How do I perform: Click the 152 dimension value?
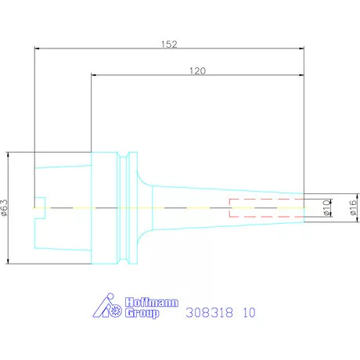coord(169,44)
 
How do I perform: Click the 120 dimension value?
coord(197,70)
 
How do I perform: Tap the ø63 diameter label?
coord(5,208)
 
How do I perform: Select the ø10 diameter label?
coord(326,208)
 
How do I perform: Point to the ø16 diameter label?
coord(353,207)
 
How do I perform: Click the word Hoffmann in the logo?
coord(152,302)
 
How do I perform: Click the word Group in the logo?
coord(142,313)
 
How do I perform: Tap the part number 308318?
coord(209,312)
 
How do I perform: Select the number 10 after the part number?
coord(249,312)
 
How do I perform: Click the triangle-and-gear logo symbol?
coord(107,306)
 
